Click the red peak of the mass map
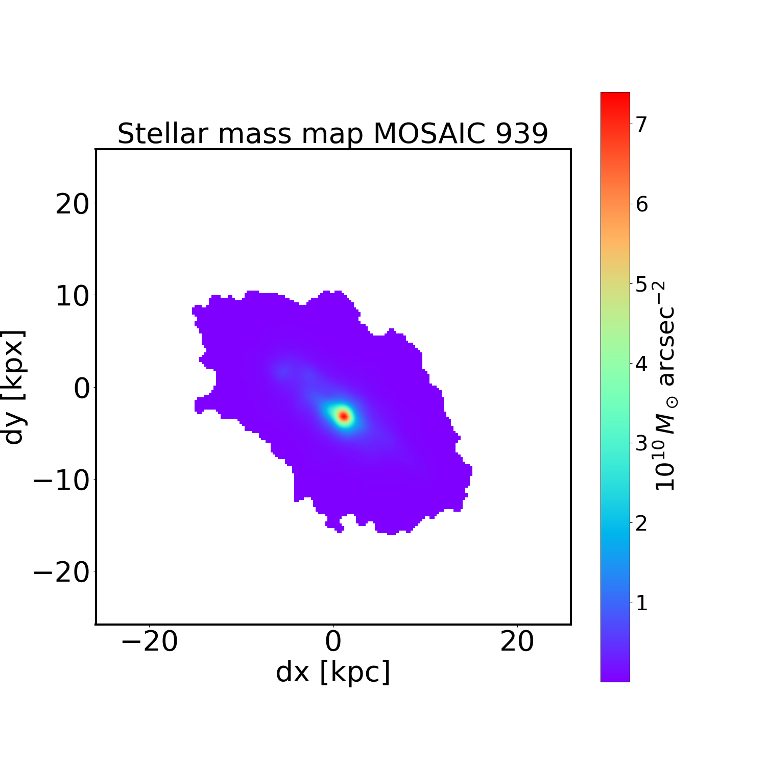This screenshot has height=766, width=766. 344,416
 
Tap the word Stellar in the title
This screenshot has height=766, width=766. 163,134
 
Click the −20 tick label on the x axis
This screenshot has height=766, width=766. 149,642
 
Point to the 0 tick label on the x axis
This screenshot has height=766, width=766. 333,642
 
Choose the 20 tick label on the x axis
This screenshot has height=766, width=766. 517,642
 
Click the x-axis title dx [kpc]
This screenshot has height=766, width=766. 333,672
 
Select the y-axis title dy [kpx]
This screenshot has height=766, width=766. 14,387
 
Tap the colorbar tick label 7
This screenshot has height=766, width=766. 642,124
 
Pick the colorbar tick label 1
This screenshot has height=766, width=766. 642,604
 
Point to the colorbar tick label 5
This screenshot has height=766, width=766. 642,284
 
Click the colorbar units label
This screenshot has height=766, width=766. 665,386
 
